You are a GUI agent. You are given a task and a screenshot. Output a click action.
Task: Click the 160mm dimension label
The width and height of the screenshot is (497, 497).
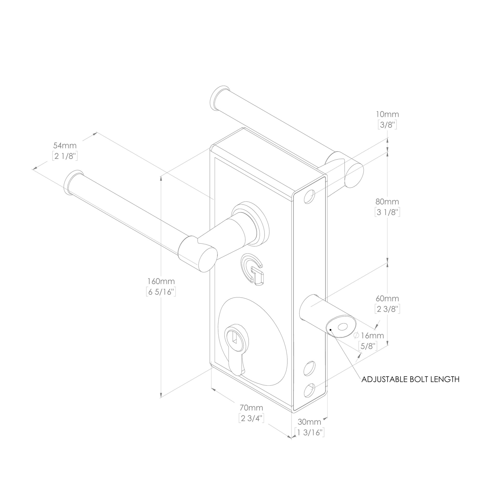[161, 281]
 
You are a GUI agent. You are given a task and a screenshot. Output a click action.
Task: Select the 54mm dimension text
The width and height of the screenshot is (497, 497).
[65, 145]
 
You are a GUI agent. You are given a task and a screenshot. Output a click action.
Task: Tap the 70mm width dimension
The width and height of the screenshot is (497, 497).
[251, 415]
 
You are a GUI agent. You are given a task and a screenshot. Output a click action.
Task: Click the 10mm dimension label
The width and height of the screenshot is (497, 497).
[387, 114]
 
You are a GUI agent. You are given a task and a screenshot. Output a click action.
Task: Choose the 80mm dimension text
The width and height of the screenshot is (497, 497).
[387, 201]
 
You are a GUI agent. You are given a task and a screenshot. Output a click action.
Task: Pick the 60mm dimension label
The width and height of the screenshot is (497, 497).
[387, 298]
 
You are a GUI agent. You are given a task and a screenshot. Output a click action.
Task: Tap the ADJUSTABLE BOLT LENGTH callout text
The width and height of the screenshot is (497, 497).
[410, 380]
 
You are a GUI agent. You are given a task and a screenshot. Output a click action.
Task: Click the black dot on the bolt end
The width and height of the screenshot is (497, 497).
[330, 329]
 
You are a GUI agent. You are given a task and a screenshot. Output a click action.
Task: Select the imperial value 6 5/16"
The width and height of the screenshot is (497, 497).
[161, 292]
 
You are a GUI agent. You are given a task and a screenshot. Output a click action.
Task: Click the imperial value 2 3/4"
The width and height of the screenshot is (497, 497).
[252, 426]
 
